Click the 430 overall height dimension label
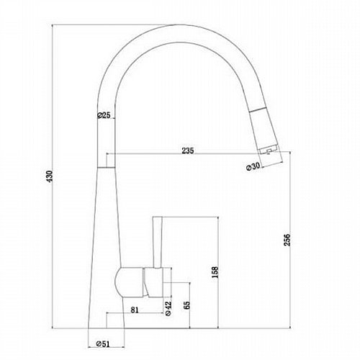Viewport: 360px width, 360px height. [x=50, y=176]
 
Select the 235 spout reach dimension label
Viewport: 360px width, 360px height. [x=188, y=150]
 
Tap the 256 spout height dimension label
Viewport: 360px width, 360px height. [x=287, y=239]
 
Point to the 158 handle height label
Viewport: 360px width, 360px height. [x=215, y=272]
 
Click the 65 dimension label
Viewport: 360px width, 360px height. [x=186, y=305]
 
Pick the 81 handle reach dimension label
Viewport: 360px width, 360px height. [x=135, y=310]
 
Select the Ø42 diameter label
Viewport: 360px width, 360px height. [x=168, y=308]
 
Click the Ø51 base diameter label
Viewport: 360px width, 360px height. [x=103, y=344]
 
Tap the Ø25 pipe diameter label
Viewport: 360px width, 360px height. [x=104, y=115]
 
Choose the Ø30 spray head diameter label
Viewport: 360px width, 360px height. [x=253, y=166]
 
